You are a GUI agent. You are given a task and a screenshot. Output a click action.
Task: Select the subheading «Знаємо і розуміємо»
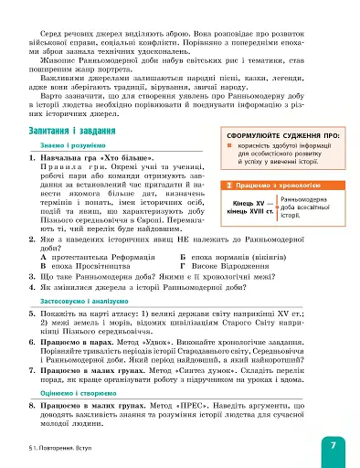[63, 147]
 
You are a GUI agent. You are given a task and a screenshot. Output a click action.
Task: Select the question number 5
[32, 311]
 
